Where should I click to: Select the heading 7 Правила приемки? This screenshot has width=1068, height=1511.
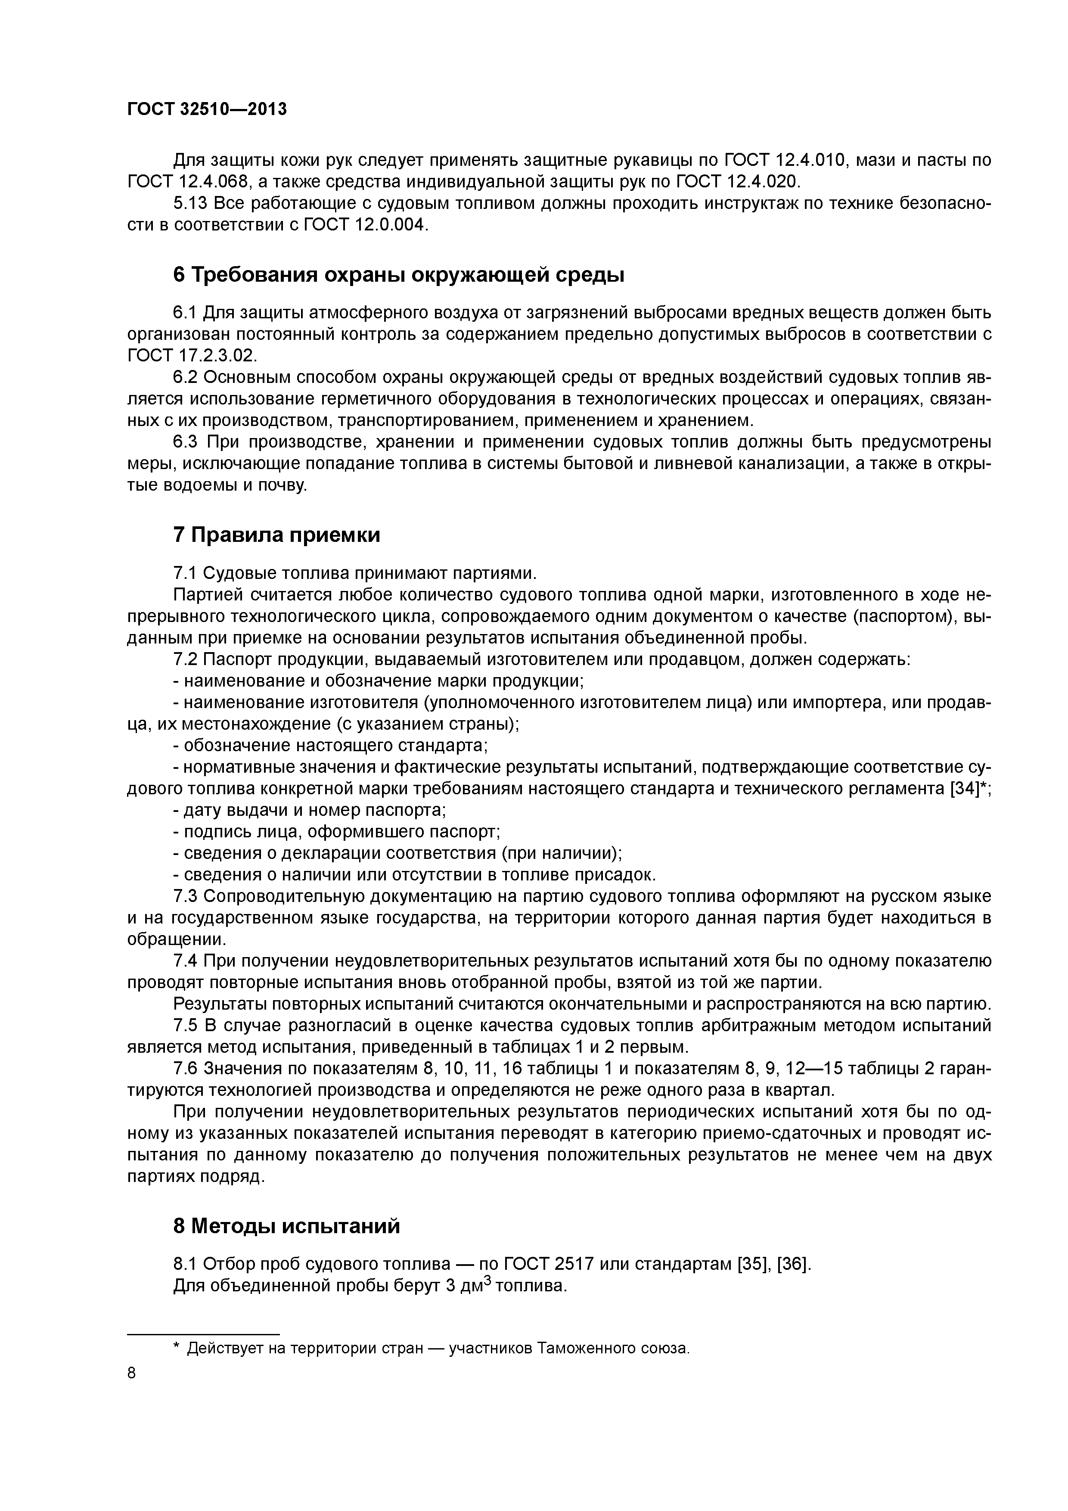pos(276,535)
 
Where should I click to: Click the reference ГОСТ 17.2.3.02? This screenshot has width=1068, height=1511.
pos(190,355)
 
